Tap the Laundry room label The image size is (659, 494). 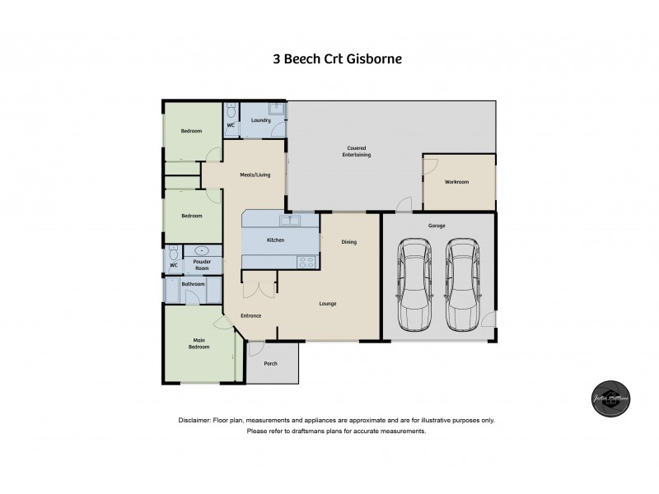click(261, 121)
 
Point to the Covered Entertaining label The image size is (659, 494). click(357, 151)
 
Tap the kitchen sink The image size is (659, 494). click(289, 221)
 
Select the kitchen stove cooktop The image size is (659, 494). click(306, 263)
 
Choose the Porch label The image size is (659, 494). click(270, 363)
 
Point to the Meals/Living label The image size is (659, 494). click(255, 175)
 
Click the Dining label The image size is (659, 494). click(349, 242)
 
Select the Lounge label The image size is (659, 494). click(328, 304)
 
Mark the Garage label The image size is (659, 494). click(437, 225)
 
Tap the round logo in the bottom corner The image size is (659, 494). click(611, 398)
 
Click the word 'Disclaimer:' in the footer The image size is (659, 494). click(194, 421)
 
